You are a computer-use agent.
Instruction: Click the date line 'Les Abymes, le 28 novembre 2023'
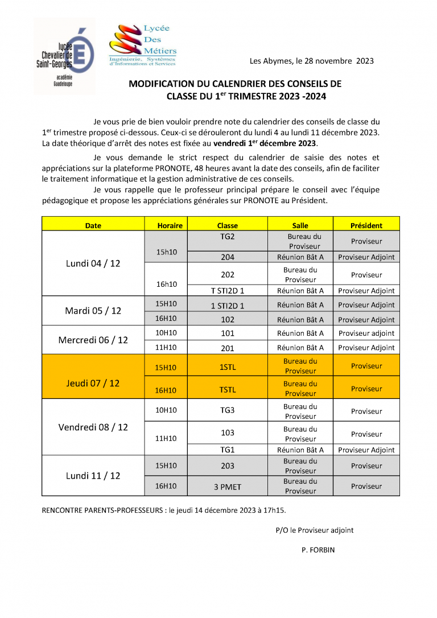coord(312,61)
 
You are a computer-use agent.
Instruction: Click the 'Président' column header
coord(366,225)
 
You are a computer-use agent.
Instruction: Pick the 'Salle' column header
coord(300,225)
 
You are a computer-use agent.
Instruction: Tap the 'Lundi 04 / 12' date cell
coord(93,263)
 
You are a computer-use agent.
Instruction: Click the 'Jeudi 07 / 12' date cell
coord(93,383)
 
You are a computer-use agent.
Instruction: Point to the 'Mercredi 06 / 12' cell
coord(93,340)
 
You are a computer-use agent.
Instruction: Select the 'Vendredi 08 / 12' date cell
coord(93,427)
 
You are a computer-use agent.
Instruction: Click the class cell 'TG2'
coord(228,236)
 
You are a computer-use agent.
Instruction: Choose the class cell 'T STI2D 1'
coord(228,291)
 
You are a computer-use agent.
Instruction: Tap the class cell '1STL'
coord(228,367)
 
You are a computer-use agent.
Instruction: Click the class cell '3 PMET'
coord(228,487)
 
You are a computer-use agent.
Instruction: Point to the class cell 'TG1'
coord(228,450)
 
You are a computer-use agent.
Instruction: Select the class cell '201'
coord(228,348)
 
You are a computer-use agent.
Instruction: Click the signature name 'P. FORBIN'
coord(319,550)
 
